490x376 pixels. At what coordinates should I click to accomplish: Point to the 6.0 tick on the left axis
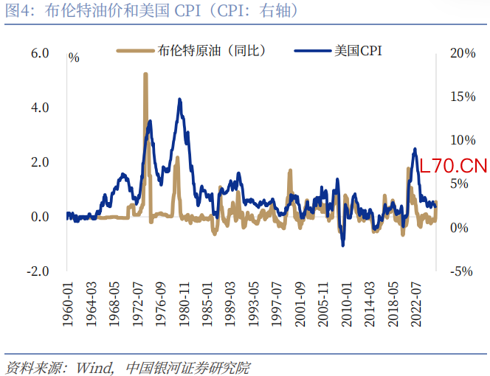click(39, 53)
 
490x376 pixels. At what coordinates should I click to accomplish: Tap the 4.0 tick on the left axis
click(39, 108)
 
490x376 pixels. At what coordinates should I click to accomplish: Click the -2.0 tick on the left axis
click(38, 271)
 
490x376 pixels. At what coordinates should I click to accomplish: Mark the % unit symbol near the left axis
click(74, 57)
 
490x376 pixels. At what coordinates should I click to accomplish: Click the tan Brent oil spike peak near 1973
click(145, 74)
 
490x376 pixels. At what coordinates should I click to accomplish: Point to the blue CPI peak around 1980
click(179, 100)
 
